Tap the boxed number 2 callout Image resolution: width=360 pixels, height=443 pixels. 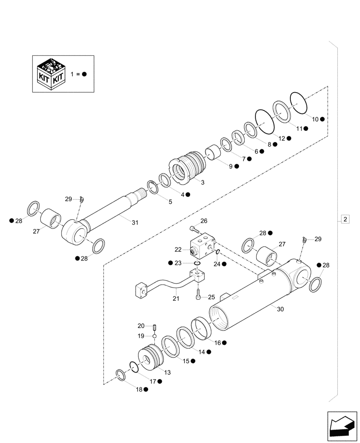coord(345,219)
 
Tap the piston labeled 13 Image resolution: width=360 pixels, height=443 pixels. coord(149,358)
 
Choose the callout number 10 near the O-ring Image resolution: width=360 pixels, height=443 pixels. coord(315,119)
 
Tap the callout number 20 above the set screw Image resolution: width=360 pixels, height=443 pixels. coord(141,326)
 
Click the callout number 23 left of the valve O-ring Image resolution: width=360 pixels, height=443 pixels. coord(178,263)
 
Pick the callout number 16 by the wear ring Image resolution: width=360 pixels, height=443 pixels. coord(217,342)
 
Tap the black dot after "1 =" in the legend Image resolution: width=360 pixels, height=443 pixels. coord(84,74)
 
